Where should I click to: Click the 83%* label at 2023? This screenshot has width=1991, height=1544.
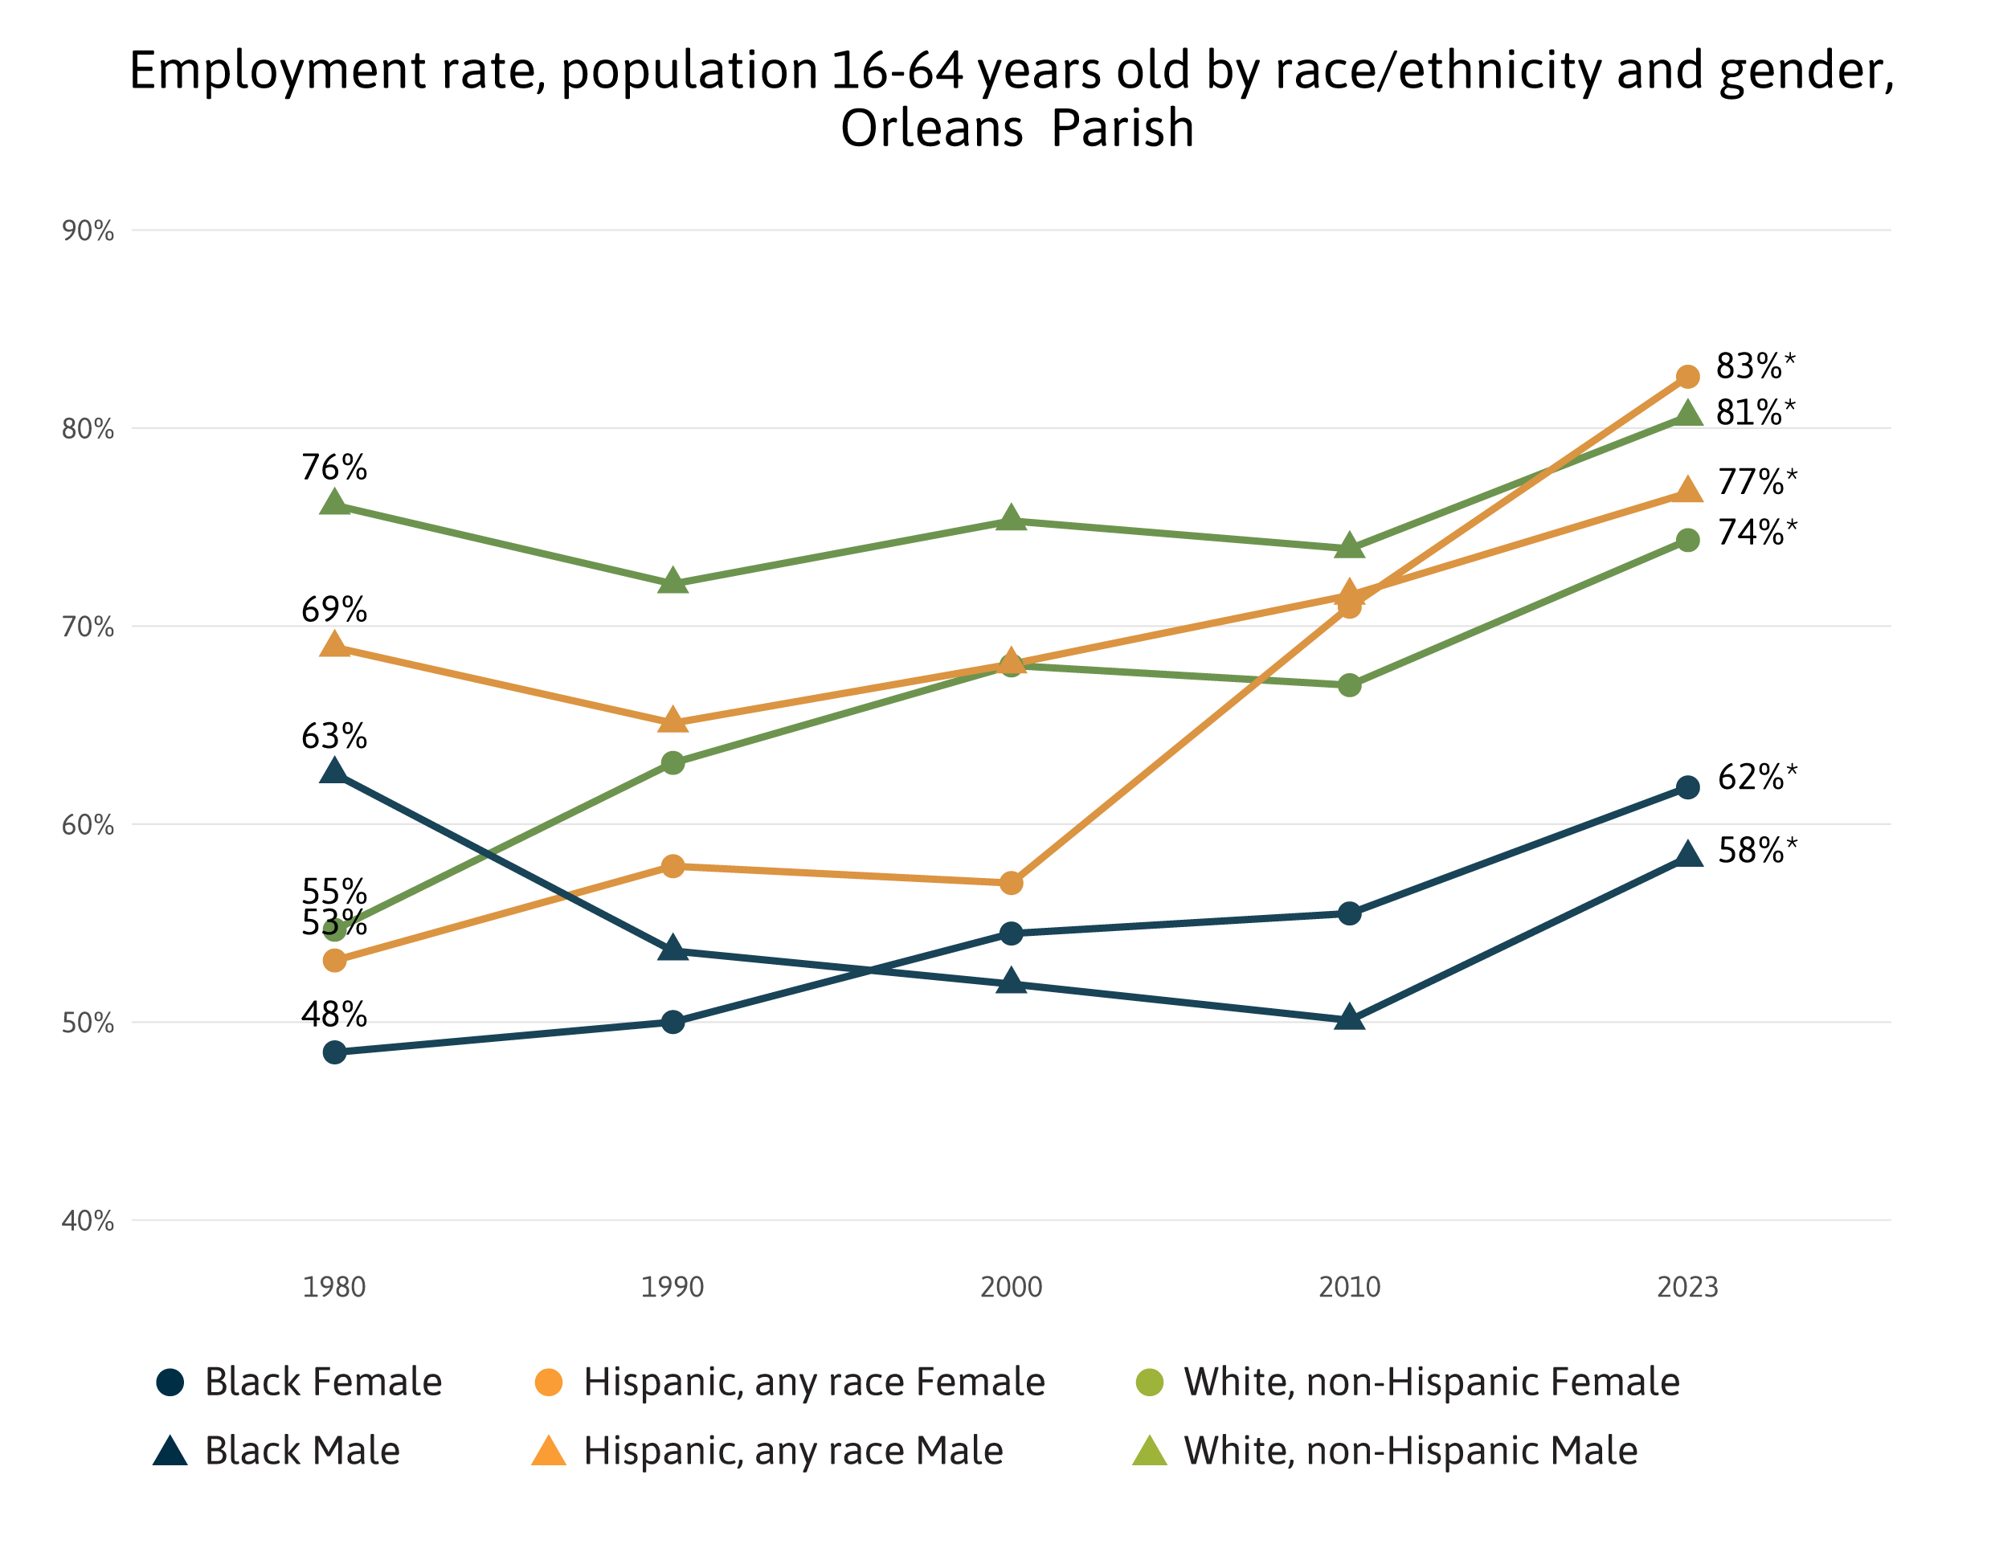point(1754,366)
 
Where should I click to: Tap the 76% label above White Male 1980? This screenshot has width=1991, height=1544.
point(334,468)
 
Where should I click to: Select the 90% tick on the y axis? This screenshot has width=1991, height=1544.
point(88,231)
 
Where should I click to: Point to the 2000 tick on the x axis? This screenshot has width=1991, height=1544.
point(1011,1287)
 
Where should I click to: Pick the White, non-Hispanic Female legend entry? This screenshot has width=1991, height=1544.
point(1408,1382)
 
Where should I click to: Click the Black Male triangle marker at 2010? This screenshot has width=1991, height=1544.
point(1349,1017)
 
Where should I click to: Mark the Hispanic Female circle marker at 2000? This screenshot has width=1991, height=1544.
point(1011,882)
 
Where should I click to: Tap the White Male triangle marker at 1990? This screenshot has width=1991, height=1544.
point(673,581)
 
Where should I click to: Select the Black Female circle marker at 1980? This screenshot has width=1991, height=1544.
point(334,1052)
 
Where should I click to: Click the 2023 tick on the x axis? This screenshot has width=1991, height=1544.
point(1687,1287)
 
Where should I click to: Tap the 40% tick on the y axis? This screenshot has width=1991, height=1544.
point(88,1220)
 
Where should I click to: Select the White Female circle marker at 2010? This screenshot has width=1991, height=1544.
point(1349,684)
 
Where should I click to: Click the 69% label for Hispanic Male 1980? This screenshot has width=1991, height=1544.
point(334,609)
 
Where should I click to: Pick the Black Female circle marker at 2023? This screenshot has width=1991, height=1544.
point(1687,786)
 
